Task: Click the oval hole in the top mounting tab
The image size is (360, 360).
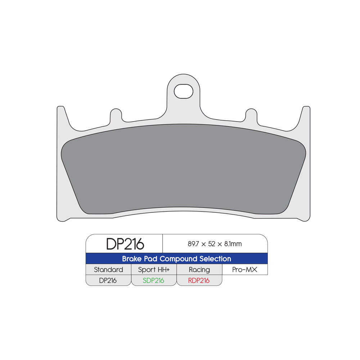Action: tap(184, 91)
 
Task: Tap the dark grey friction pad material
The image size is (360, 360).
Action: tap(184, 169)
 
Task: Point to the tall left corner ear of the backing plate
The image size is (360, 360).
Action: tap(61, 115)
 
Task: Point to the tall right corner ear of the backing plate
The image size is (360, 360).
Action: tap(306, 115)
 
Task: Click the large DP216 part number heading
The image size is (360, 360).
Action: tap(125, 244)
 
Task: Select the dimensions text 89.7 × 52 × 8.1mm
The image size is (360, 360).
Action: tap(215, 244)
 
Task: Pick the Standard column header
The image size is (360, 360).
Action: tap(108, 270)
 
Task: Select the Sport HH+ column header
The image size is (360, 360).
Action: tap(154, 270)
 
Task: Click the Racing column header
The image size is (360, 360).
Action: tap(199, 270)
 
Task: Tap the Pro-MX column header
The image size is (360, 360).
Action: tap(244, 270)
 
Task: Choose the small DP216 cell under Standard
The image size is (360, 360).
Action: tap(108, 280)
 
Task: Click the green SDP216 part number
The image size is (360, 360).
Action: tap(153, 280)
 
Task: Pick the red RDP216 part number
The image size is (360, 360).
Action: tap(199, 280)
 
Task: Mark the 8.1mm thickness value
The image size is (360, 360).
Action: tap(233, 244)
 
